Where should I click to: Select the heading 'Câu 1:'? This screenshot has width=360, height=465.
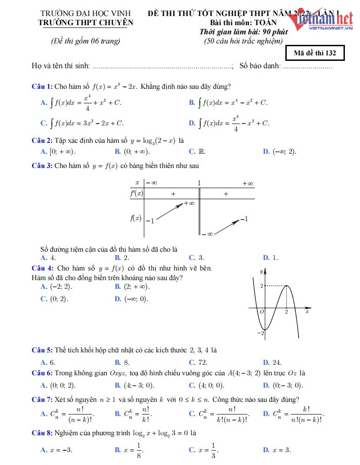coord(42,87)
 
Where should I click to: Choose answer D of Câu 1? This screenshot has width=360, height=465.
coord(229,123)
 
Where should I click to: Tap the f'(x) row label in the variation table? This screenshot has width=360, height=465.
coord(136,194)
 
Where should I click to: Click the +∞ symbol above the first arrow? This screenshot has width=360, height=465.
coord(189,203)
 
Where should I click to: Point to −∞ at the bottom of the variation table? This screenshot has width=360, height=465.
coord(207,234)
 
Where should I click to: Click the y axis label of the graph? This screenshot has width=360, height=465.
coord(261,271)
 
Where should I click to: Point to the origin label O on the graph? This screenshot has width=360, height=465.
coord(262,312)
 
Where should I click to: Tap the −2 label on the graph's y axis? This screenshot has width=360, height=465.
coord(262,333)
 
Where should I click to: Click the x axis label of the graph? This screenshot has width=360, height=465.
coord(307,312)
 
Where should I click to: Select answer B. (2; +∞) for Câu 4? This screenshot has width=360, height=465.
coord(133,287)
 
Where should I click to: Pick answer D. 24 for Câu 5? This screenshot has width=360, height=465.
coord(272,362)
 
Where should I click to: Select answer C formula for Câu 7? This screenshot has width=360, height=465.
coord(220,414)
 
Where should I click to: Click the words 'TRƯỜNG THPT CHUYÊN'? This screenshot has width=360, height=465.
coord(86,22)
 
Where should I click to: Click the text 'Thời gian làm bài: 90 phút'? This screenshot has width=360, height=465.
coord(243,32)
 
